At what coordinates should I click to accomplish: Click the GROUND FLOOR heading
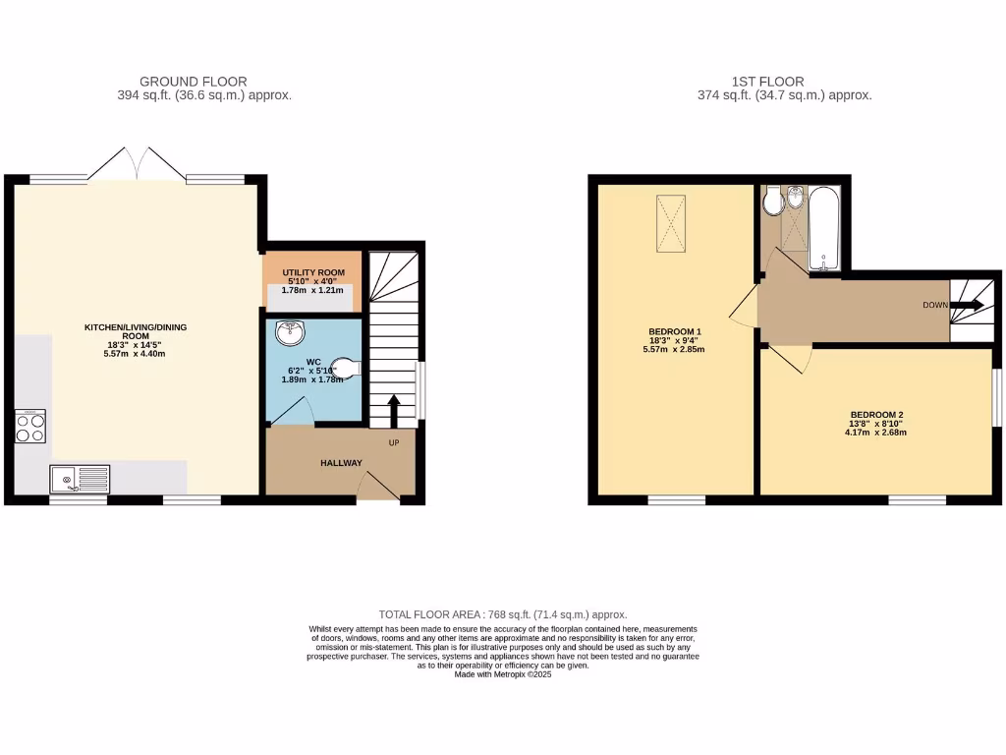tap(194, 82)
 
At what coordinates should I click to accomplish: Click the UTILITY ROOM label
tap(312, 271)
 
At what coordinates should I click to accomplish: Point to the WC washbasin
tap(292, 334)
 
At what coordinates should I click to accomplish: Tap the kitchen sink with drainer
tap(80, 480)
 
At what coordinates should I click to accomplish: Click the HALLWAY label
tap(340, 463)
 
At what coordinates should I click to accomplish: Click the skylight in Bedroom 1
tap(671, 222)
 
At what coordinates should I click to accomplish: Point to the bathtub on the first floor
tap(822, 227)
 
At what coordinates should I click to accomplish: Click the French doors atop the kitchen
tap(137, 164)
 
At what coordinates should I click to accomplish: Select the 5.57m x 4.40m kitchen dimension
tap(136, 355)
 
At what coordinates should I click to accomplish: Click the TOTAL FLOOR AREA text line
tap(503, 614)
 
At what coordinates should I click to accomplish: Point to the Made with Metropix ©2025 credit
tap(503, 674)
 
